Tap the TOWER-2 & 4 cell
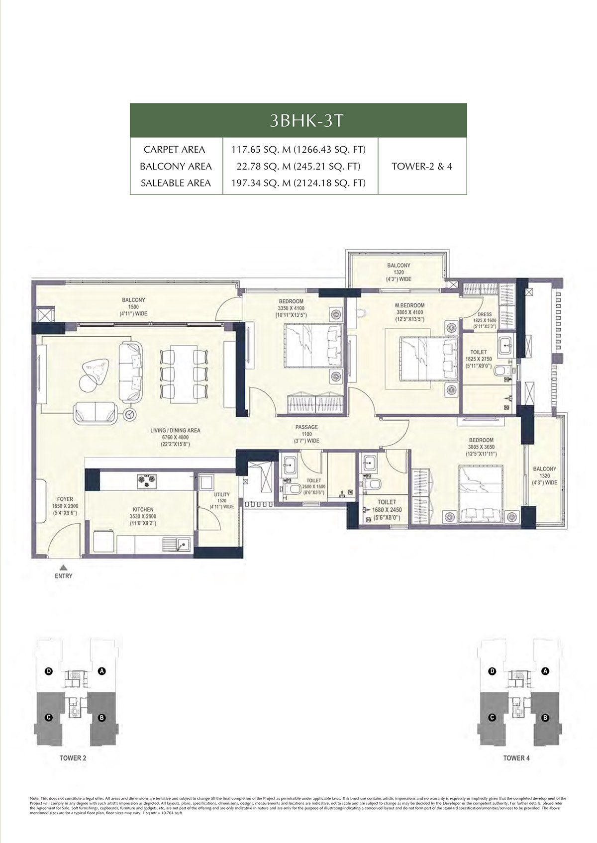click(x=422, y=166)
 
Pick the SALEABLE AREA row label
click(x=176, y=183)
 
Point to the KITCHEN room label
click(x=143, y=509)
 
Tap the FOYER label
click(x=65, y=499)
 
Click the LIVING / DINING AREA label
click(x=175, y=431)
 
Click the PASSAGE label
click(x=306, y=427)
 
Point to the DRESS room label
click(x=485, y=314)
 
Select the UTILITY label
click(x=222, y=495)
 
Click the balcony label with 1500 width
click(x=133, y=300)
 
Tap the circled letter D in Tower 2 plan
click(x=49, y=671)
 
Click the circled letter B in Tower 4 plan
click(x=545, y=718)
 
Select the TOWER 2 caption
click(x=73, y=758)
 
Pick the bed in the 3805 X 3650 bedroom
click(x=482, y=494)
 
